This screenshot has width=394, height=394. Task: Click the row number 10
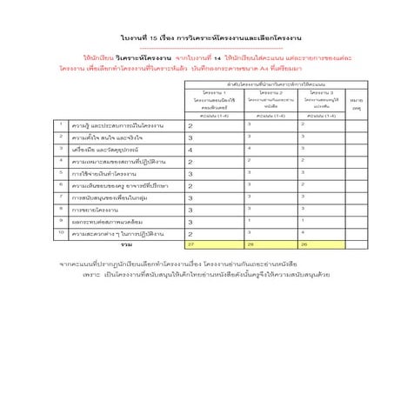click(x=61, y=232)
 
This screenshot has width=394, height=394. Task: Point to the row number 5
click(x=61, y=172)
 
